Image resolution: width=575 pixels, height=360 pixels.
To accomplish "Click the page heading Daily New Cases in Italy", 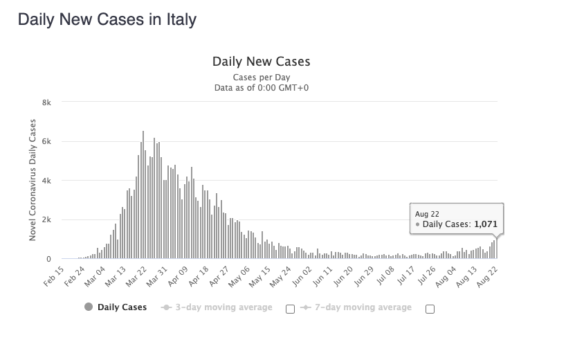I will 107,19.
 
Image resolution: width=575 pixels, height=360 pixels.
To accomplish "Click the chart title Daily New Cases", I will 261,62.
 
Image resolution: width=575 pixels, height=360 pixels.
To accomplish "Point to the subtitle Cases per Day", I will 261,77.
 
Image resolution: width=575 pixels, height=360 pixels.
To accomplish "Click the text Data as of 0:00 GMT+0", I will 261,87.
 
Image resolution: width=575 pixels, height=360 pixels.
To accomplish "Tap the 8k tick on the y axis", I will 46,102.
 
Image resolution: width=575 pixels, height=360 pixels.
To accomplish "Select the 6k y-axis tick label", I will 46,141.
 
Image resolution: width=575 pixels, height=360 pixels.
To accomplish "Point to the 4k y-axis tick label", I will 46,181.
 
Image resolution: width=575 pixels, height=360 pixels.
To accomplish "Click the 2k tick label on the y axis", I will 46,220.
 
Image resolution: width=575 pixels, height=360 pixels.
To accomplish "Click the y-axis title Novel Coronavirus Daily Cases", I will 33,180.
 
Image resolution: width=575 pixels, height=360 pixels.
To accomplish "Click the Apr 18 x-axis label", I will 198,275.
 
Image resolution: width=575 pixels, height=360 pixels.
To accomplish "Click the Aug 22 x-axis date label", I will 488,275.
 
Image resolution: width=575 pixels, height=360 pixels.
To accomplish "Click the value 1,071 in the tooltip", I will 485,224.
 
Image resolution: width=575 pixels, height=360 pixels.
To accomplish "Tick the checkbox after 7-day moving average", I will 430,309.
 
